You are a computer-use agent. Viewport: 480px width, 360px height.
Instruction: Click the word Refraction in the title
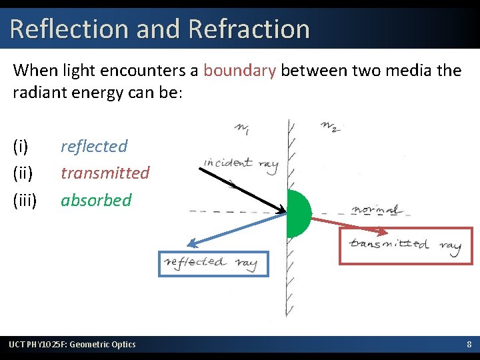point(249,29)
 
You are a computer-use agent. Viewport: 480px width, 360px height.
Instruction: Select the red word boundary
point(239,70)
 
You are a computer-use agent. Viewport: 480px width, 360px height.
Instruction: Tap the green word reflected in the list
point(94,146)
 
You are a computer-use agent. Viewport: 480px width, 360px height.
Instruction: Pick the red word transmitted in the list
point(105,173)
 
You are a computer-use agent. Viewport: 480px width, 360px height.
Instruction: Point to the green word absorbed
point(96,199)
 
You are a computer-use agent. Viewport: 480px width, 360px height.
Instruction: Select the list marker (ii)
point(22,173)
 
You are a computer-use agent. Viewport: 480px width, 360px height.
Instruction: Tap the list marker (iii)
point(25,199)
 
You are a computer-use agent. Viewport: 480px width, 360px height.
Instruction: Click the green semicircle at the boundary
point(298,213)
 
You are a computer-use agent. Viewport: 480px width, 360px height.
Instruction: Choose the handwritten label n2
point(329,125)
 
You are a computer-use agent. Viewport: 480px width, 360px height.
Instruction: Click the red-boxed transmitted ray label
point(405,245)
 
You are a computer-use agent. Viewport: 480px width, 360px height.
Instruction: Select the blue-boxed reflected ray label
point(212,263)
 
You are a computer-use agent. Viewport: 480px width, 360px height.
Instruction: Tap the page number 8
point(469,344)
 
